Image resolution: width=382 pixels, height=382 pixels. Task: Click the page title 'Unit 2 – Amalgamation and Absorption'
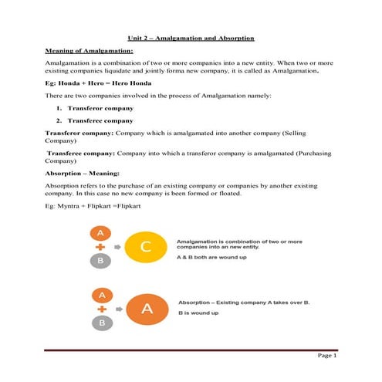pos(191,38)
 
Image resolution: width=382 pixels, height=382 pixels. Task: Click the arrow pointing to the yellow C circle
pos(117,247)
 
